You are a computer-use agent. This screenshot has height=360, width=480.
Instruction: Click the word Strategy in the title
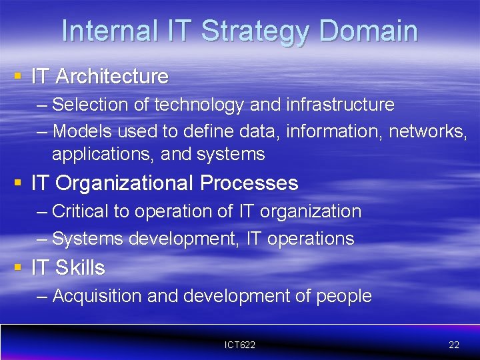click(254, 31)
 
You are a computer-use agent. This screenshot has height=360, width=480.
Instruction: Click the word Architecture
click(112, 77)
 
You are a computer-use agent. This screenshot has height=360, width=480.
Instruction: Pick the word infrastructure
click(340, 105)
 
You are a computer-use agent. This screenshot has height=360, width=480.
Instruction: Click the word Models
click(82, 131)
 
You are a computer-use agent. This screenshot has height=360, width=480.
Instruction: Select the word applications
click(103, 155)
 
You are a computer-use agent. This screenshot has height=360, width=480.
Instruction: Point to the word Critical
click(80, 211)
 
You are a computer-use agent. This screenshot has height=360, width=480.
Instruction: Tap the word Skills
click(80, 268)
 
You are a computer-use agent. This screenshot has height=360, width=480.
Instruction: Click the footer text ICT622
click(240, 345)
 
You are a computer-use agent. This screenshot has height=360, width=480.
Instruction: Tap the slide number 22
click(454, 345)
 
